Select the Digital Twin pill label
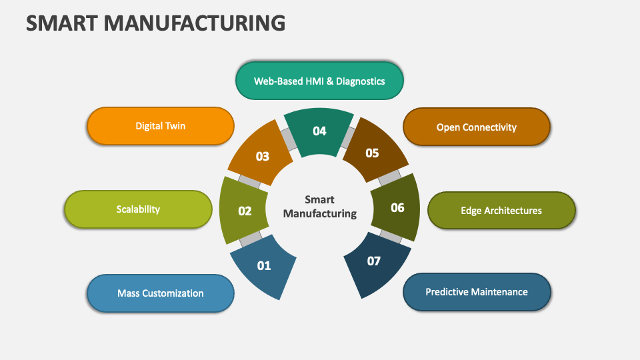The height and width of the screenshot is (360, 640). click(x=161, y=126)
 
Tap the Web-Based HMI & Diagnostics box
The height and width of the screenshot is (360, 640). click(x=319, y=81)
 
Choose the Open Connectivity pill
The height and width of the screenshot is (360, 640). click(x=476, y=127)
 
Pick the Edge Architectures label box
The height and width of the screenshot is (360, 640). click(x=501, y=211)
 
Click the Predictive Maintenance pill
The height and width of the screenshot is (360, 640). click(x=476, y=292)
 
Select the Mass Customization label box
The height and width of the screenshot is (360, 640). click(x=161, y=293)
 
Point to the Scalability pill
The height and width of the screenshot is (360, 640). click(x=138, y=209)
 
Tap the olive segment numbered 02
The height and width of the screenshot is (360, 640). click(x=244, y=211)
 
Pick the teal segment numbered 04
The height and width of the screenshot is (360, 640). click(x=319, y=131)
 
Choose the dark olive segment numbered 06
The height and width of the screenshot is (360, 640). click(x=396, y=208)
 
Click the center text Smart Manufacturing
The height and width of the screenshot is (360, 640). click(x=319, y=207)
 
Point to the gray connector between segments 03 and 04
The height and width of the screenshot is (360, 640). click(x=289, y=139)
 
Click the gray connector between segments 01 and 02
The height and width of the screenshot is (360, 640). click(x=251, y=239)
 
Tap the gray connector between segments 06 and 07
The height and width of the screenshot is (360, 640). click(x=391, y=236)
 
